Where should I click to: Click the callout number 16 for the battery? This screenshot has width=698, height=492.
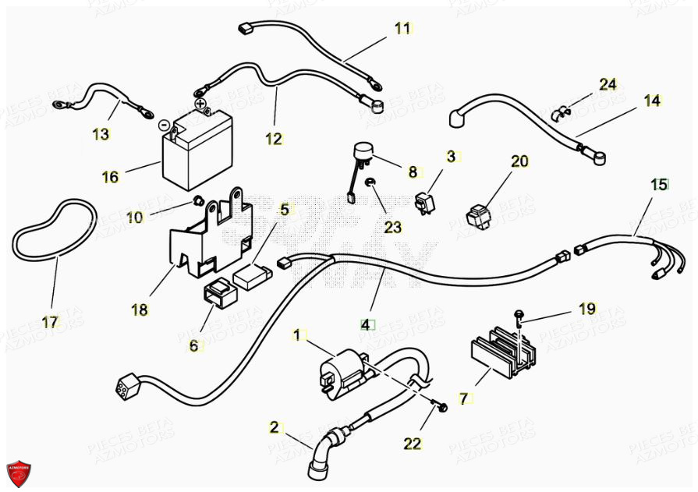(111, 177)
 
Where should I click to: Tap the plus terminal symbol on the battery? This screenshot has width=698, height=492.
(200, 102)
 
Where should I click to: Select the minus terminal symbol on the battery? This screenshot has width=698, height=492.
(163, 124)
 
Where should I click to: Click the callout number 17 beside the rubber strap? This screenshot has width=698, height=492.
(50, 322)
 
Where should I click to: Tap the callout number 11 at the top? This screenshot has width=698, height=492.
(402, 29)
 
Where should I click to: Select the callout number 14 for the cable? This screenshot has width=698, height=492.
(652, 101)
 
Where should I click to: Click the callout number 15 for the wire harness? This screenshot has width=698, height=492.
(659, 185)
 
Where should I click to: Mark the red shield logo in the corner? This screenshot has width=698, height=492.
(19, 472)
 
